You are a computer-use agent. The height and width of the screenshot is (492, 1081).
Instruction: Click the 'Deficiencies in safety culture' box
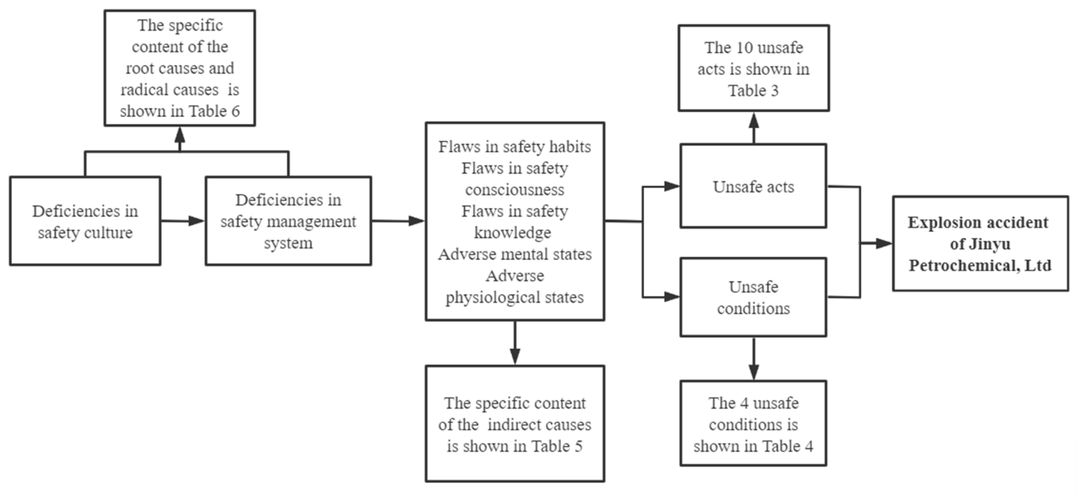tap(85, 221)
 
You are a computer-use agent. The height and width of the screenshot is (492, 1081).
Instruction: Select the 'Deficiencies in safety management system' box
tap(288, 221)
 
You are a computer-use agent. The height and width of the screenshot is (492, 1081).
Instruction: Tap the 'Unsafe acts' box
tap(753, 187)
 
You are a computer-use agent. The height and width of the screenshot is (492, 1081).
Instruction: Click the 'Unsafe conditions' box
tap(753, 297)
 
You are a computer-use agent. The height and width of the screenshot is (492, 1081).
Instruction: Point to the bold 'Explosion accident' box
tap(980, 243)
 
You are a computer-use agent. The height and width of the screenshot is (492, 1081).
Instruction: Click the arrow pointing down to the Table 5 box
tap(515, 344)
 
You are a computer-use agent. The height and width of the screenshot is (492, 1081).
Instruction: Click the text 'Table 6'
tap(214, 111)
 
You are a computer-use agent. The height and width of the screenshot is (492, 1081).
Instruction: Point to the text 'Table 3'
tap(753, 91)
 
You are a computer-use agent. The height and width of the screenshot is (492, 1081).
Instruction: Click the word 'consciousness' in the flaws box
tap(515, 190)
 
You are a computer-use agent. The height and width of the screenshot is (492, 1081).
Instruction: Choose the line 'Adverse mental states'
tap(515, 254)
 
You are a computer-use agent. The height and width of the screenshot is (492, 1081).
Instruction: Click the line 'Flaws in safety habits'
tap(515, 147)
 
